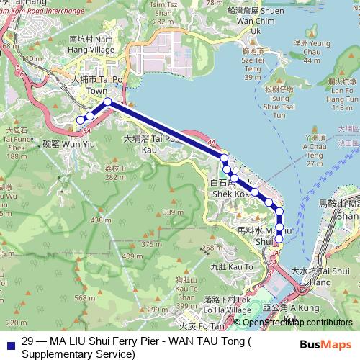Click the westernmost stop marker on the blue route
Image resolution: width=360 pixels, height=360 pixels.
(81, 120)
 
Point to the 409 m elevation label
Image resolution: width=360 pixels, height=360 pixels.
(132, 256)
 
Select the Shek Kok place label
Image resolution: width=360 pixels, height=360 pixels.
(230, 189)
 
